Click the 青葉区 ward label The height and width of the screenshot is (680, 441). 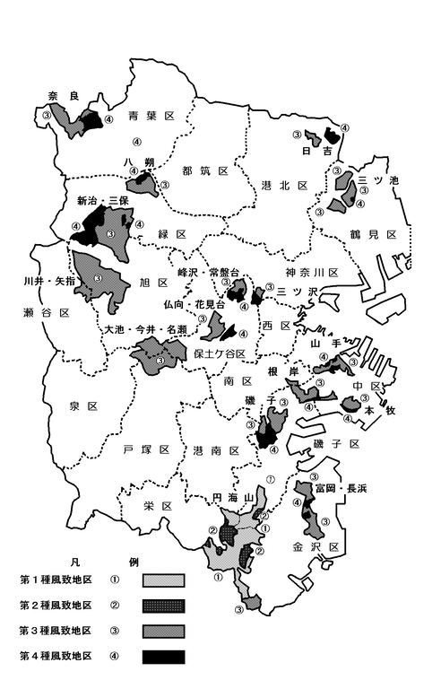(150, 116)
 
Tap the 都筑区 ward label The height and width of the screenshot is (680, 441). (205, 170)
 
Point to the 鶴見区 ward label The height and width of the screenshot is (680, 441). (374, 234)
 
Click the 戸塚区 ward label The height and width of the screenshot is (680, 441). (146, 448)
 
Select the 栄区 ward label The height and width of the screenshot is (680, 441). (156, 506)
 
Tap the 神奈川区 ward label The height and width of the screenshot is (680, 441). (311, 272)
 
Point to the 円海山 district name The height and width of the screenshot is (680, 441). (230, 496)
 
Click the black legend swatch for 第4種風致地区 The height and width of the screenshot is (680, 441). (163, 656)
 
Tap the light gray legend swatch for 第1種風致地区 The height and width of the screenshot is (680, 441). (163, 580)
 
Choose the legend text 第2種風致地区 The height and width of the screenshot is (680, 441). (56, 605)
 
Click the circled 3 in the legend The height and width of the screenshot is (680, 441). (115, 631)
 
